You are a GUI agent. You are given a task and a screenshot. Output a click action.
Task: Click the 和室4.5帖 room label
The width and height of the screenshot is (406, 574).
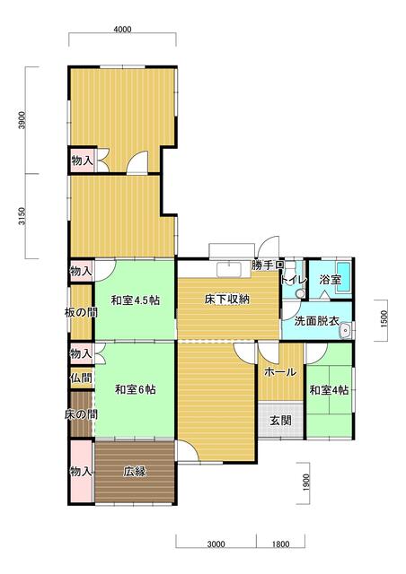(x=136, y=300)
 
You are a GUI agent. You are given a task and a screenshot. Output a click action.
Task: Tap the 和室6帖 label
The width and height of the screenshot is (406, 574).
(x=136, y=389)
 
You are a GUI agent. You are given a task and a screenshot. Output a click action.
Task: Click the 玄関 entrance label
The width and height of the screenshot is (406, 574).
(x=280, y=420)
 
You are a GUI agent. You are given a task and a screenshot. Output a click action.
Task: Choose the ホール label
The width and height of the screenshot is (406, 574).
(x=280, y=371)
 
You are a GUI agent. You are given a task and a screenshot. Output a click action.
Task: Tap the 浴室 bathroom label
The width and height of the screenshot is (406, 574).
(x=330, y=280)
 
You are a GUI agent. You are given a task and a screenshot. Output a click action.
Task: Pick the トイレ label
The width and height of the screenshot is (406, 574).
(x=293, y=280)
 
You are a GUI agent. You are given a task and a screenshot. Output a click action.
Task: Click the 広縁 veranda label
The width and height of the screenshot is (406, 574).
(x=136, y=471)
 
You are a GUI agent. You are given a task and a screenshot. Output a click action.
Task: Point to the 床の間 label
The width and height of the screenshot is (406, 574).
(x=81, y=414)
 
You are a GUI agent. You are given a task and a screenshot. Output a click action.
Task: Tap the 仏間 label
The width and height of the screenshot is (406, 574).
(x=81, y=378)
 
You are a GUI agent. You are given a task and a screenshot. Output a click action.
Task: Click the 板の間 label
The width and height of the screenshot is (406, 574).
(x=81, y=312)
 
